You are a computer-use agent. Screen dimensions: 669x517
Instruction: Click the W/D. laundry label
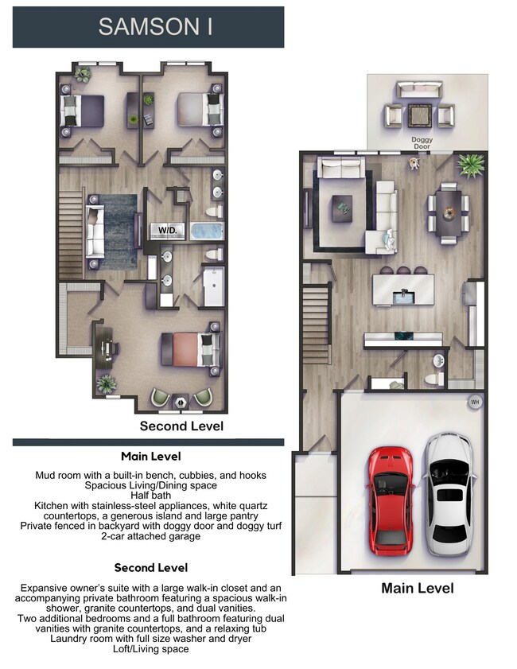pos(168,230)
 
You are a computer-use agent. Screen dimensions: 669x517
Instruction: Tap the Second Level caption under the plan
pos(181,426)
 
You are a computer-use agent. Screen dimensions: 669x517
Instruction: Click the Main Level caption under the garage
pos(417,588)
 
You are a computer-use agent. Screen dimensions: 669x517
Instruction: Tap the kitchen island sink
pos(403,296)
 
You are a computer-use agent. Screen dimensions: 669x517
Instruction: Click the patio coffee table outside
pos(419,116)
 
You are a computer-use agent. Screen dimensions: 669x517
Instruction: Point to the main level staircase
pos(316,322)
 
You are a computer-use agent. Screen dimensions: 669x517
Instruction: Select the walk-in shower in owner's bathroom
pos(213,287)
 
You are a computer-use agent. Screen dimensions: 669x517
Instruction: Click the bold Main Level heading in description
pos(150,456)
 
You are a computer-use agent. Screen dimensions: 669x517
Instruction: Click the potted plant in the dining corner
pos(470,166)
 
